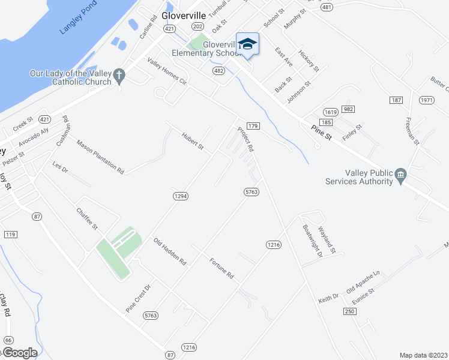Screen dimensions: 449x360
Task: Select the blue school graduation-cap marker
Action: click(247, 44)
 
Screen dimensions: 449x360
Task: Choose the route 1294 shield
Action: click(181, 196)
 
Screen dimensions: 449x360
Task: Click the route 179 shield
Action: click(253, 126)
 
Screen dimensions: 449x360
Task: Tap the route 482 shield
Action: click(218, 71)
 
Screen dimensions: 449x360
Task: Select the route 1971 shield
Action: click(427, 100)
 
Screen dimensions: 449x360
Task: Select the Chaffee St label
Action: click(86, 219)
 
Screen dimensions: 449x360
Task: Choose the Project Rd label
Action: click(246, 139)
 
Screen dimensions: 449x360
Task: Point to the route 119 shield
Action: click(10, 234)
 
